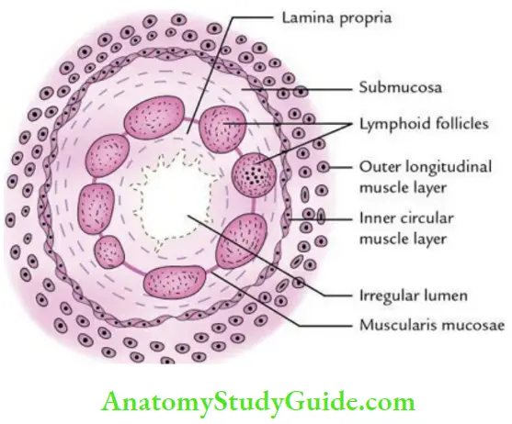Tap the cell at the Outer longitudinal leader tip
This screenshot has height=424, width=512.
click(327, 168)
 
